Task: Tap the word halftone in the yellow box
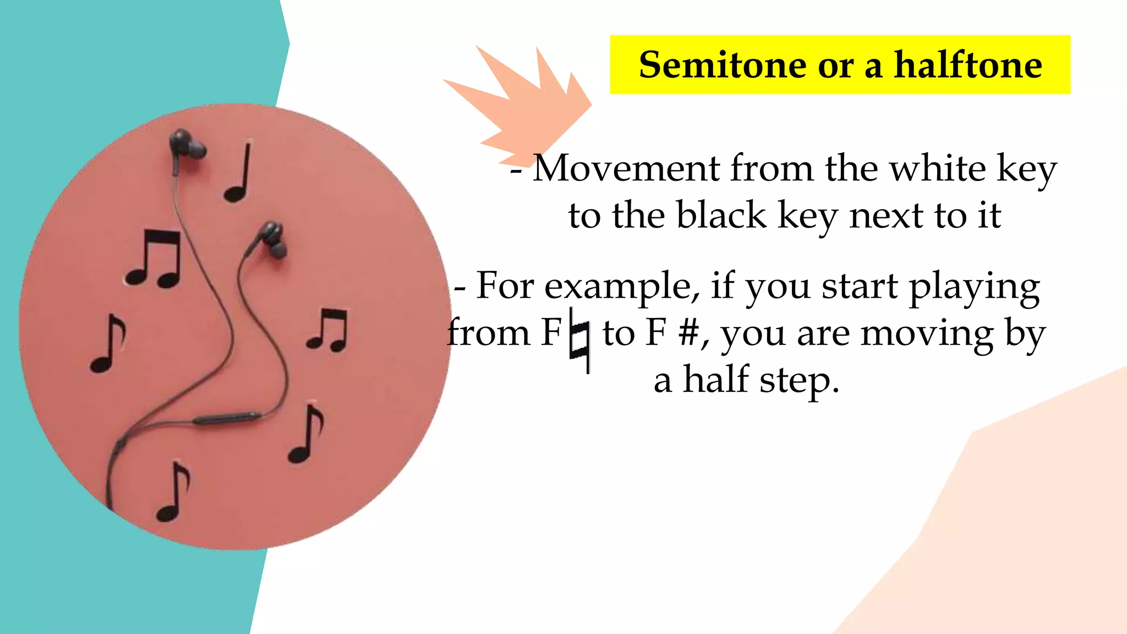tap(967, 65)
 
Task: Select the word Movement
tap(626, 168)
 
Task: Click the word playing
tap(974, 287)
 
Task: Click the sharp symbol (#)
tap(689, 334)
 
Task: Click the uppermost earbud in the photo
tap(184, 144)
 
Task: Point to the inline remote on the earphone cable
tap(227, 418)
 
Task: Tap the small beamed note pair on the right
tap(329, 330)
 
